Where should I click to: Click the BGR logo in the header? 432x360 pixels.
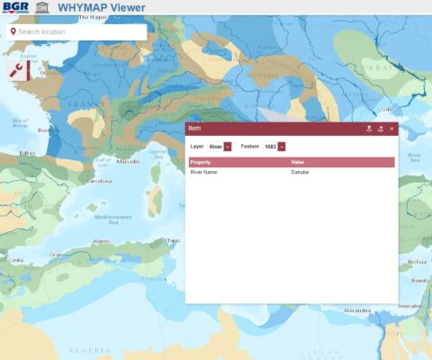pos(16,7)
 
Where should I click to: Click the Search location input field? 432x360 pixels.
pos(79,32)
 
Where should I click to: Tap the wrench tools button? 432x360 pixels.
pos(17,71)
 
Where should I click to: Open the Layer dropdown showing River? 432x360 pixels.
pos(220,146)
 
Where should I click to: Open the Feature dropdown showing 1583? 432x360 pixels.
pos(274,146)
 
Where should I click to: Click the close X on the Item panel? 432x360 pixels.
pos(391,129)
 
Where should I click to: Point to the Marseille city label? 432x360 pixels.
pos(128,161)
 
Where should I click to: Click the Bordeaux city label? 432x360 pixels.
pos(49,130)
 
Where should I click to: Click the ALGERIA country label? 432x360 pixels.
pos(90,349)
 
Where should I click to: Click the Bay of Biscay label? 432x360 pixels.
pos(21,122)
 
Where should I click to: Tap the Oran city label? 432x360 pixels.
pos(57,255)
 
